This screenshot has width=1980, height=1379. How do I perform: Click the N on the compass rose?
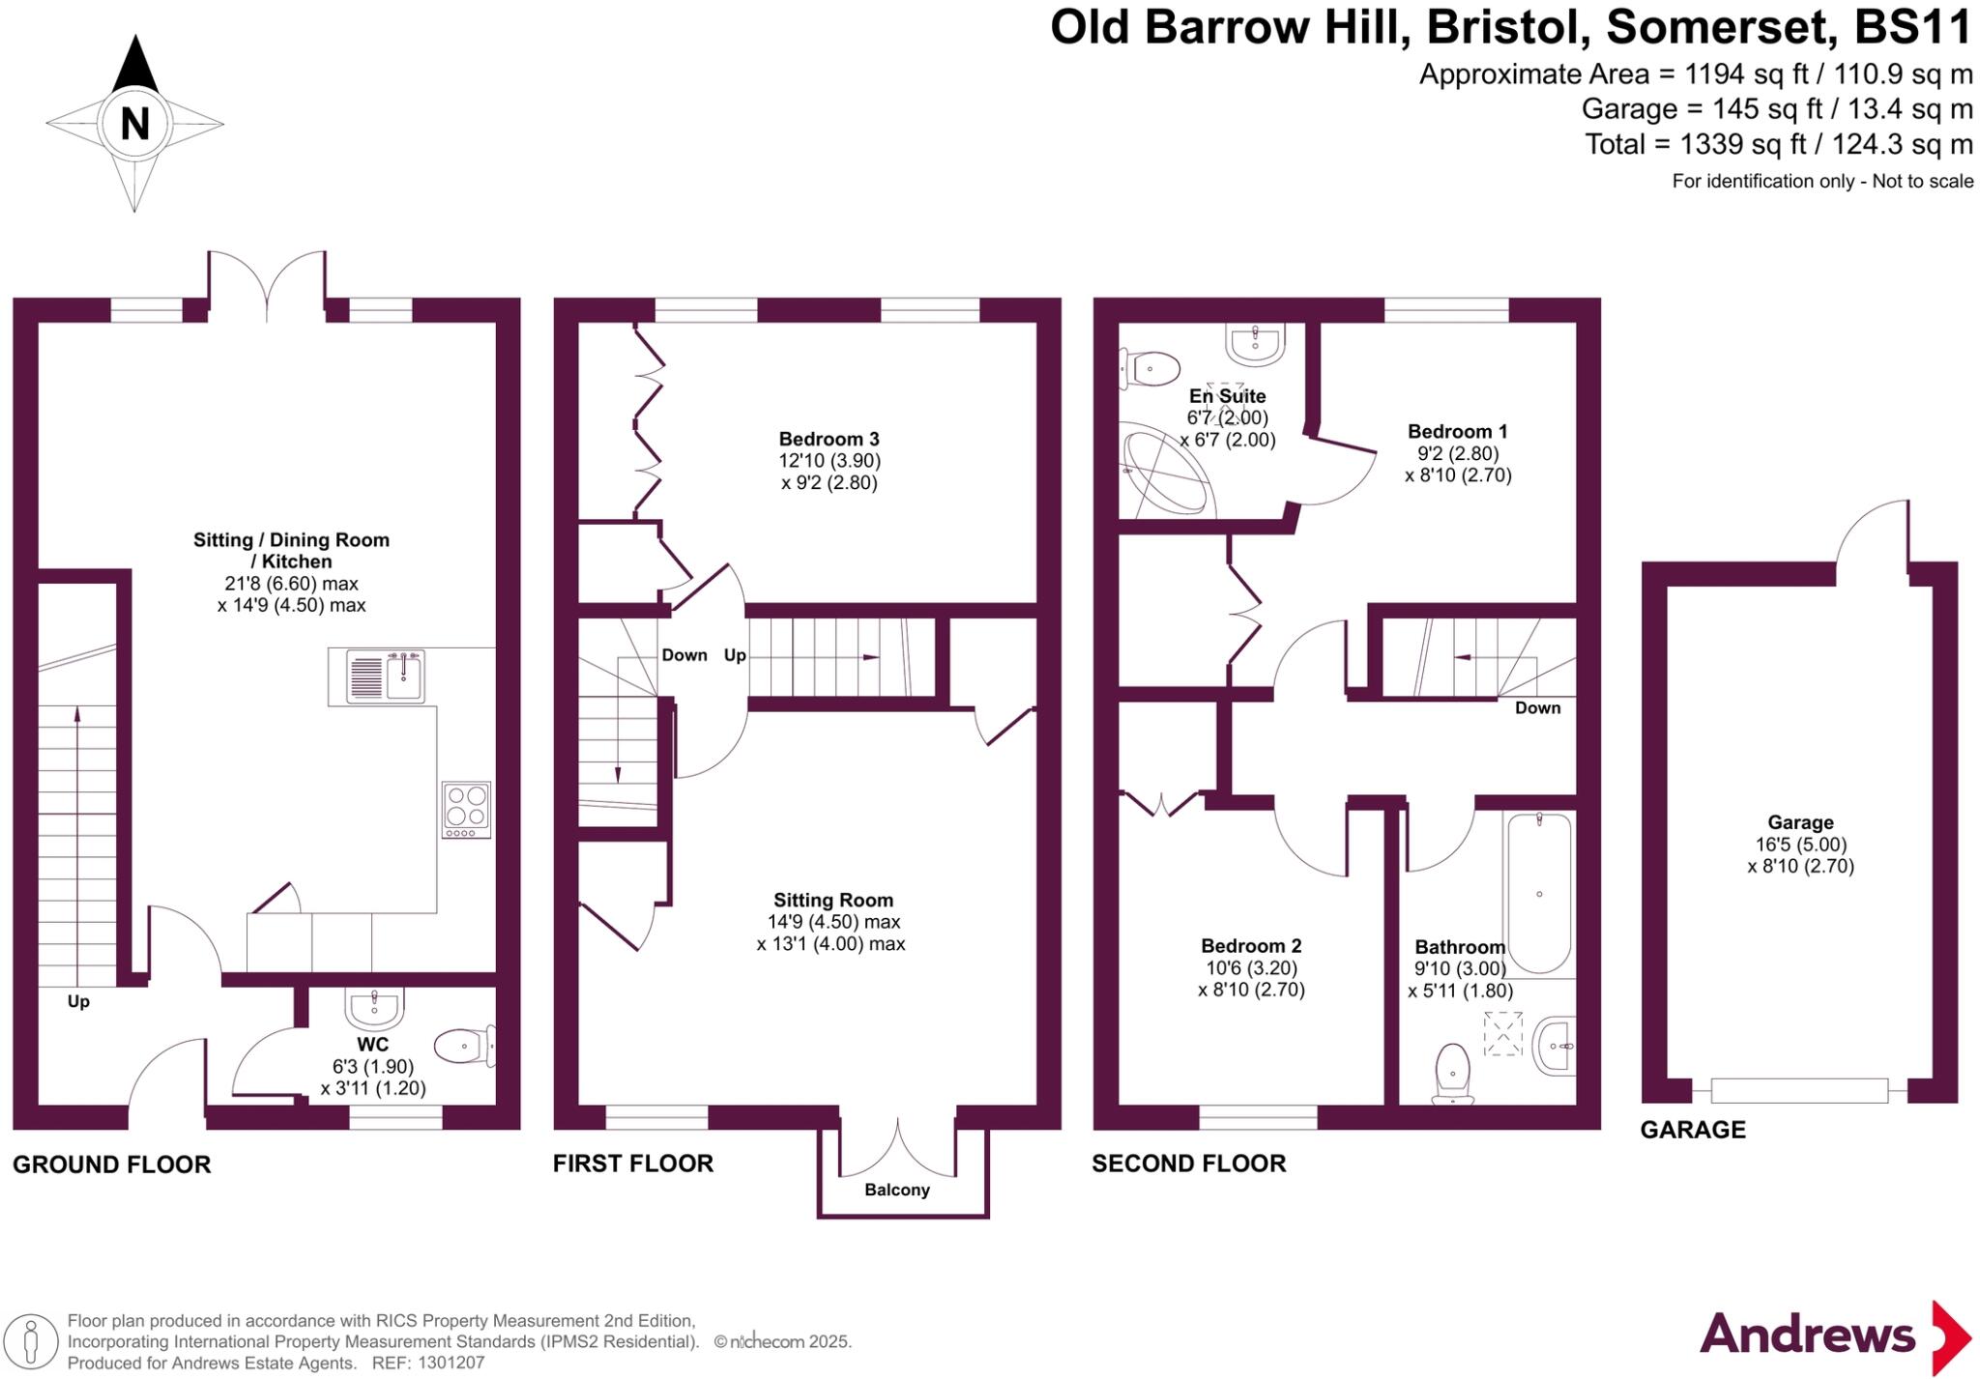134,124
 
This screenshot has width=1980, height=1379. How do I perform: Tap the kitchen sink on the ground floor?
386,675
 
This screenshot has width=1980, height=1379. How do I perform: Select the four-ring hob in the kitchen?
467,809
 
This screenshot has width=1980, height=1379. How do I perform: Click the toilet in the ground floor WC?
463,1046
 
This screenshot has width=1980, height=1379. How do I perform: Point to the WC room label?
373,1044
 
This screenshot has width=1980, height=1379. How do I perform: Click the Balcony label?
897,1190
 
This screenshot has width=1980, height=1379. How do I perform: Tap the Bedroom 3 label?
830,439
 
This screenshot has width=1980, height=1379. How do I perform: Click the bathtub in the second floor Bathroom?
1539,892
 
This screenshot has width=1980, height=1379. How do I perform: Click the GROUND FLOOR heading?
111,1164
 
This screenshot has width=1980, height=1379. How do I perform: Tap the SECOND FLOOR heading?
1188,1164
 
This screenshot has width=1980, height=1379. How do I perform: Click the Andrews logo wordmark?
1807,1335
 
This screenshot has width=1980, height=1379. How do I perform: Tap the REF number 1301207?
451,1363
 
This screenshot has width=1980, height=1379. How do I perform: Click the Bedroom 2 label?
1251,945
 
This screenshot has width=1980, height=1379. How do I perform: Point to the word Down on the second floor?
1537,707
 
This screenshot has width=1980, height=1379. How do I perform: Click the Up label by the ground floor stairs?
78,1001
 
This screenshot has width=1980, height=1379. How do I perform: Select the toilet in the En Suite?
1151,368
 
